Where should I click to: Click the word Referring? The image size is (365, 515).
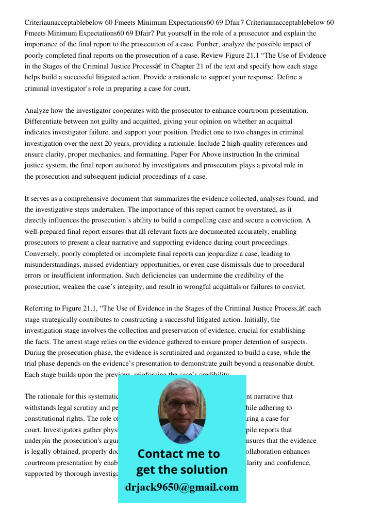(40, 309)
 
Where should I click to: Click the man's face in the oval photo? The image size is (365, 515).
(181, 407)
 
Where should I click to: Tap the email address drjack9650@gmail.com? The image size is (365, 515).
(181, 487)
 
